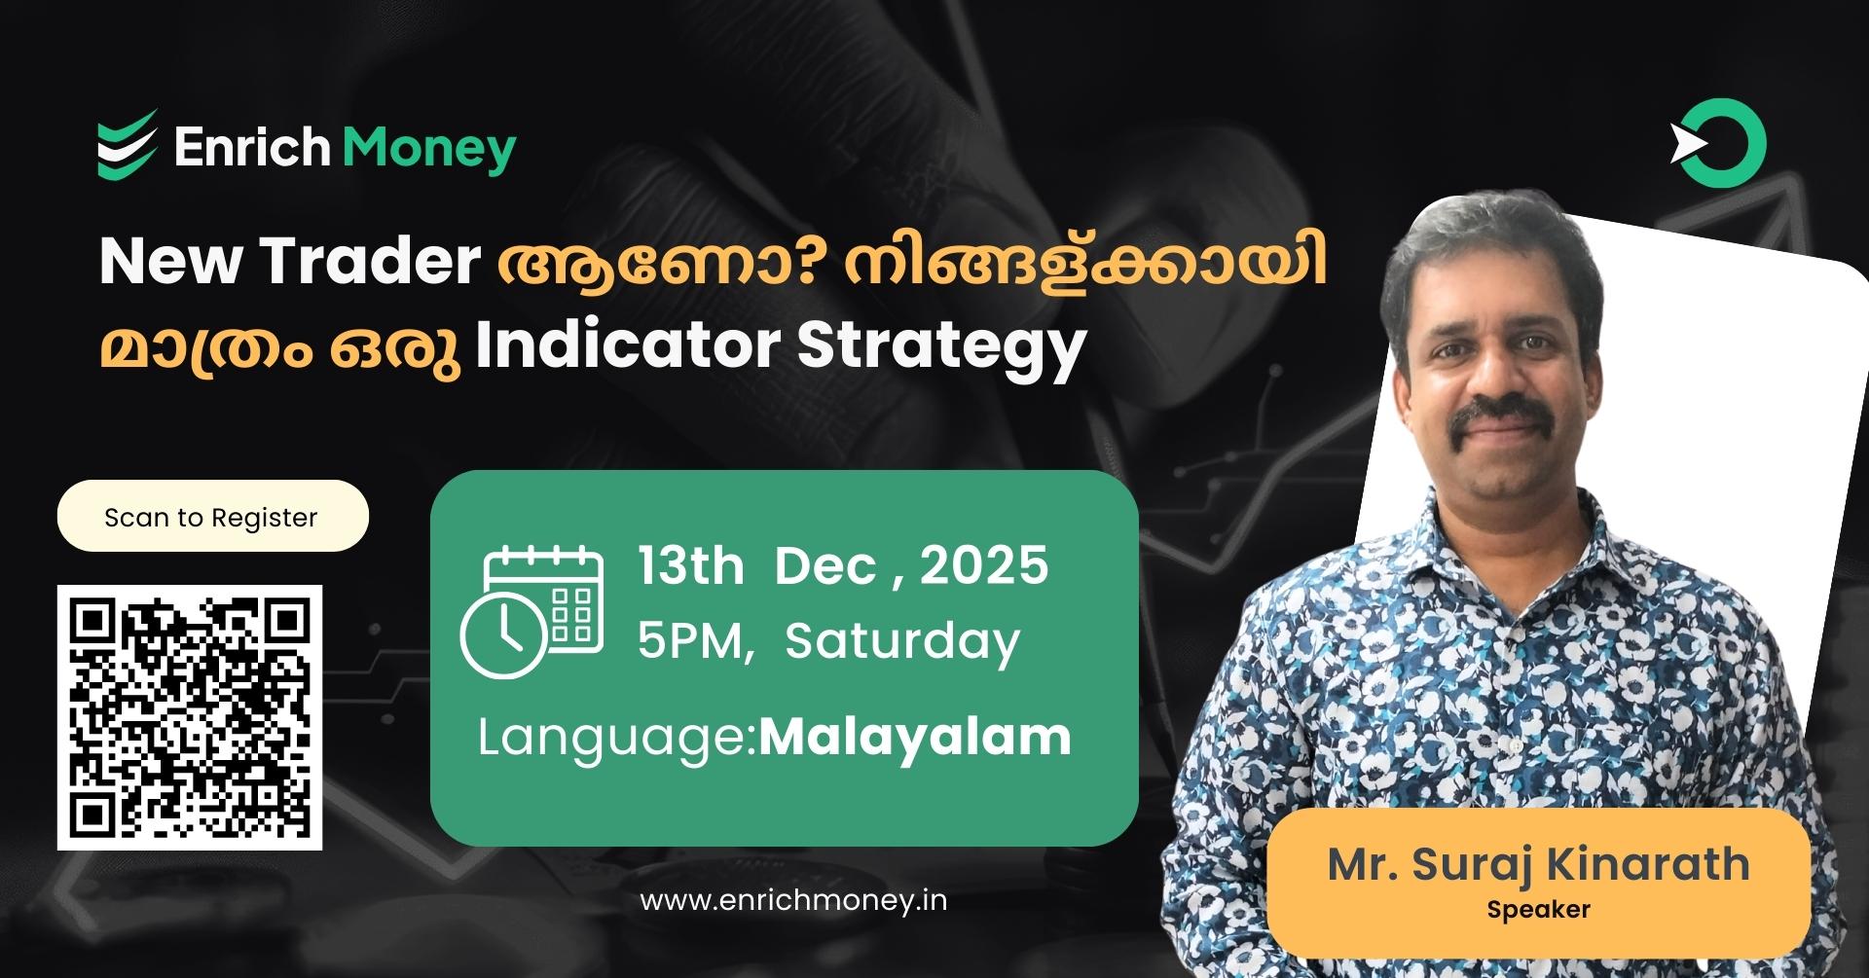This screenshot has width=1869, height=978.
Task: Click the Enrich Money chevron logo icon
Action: click(128, 145)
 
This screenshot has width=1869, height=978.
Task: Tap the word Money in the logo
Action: click(429, 149)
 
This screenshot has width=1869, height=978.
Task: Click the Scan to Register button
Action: click(212, 517)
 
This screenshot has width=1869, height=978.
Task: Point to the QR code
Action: click(190, 717)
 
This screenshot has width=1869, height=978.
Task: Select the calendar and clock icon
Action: click(531, 611)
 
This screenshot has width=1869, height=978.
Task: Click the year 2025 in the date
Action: click(984, 565)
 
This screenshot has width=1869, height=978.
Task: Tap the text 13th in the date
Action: click(690, 565)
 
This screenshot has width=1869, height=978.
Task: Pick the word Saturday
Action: click(902, 641)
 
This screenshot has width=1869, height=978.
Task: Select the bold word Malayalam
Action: click(915, 737)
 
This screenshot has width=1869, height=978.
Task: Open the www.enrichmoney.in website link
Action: click(793, 900)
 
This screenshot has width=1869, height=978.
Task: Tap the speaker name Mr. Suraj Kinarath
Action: click(1538, 864)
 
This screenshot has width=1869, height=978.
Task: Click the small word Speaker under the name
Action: click(1538, 910)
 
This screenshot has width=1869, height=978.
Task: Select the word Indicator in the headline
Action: click(627, 345)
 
